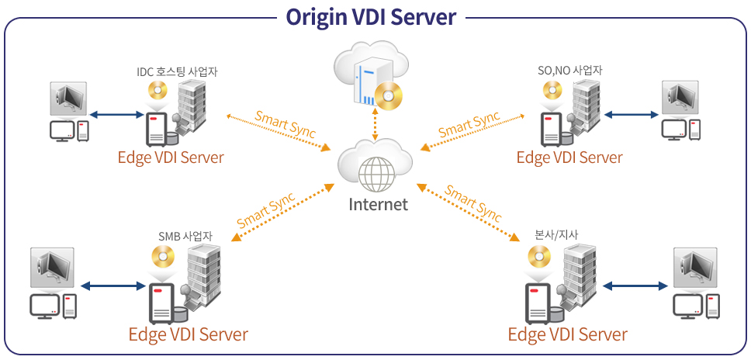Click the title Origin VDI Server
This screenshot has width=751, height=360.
point(371,16)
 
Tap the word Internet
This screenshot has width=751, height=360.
point(378,204)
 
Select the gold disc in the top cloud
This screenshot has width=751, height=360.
point(388,94)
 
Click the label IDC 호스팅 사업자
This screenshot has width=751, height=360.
point(176,71)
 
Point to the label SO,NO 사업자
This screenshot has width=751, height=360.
point(570,71)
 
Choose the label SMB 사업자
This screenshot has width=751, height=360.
point(185,236)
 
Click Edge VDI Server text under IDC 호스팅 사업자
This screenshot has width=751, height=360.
point(171,157)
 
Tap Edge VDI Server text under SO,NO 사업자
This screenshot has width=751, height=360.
point(569,157)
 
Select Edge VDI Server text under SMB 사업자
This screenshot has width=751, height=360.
point(188,334)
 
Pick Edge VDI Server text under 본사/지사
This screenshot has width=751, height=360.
point(567,334)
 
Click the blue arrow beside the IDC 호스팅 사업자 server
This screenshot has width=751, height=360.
point(116,115)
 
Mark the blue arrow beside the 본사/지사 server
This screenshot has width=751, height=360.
point(635,286)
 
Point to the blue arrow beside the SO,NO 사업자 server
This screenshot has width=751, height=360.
point(631,115)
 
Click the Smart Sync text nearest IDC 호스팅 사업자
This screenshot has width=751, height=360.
point(286,125)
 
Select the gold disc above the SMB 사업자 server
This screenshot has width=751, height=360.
point(164,256)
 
